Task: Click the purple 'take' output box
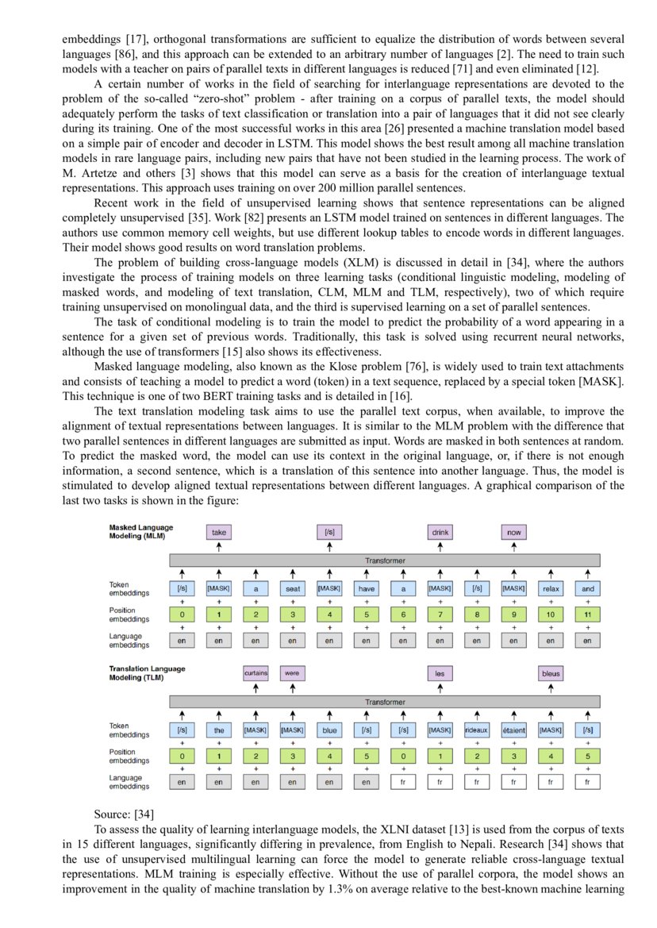[x=218, y=533]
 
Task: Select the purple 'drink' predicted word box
[x=440, y=533]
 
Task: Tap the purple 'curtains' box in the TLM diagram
[x=255, y=673]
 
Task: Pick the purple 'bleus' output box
[x=551, y=673]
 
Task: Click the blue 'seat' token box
[x=292, y=589]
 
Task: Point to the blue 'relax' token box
[x=551, y=589]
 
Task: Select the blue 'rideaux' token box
[x=477, y=730]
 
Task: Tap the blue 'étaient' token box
[x=514, y=730]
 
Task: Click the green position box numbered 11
[x=587, y=614]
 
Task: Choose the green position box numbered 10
[x=551, y=614]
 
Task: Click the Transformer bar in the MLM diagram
[x=384, y=560]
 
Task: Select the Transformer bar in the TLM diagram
[x=384, y=702]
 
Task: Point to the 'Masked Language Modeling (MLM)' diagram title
[x=140, y=532]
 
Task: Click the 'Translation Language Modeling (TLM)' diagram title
[x=147, y=672]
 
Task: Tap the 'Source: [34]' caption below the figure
[x=124, y=814]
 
